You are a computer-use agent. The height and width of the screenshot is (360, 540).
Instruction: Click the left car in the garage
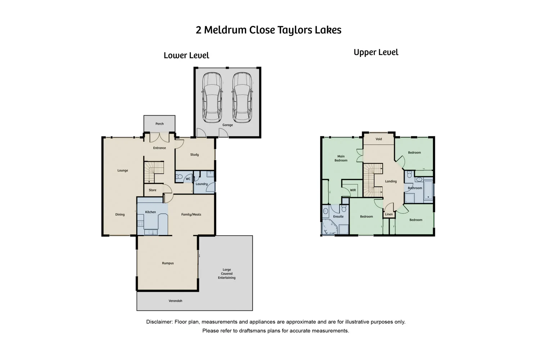pos(212,98)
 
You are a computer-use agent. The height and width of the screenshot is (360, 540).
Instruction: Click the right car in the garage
pos(242,98)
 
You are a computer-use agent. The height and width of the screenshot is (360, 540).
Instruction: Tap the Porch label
pos(159,124)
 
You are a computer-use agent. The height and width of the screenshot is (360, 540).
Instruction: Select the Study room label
pos(194,155)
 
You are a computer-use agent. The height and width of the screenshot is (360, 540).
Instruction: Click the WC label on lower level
pos(188,179)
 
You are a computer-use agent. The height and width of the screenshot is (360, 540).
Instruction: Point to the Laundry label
pos(202,184)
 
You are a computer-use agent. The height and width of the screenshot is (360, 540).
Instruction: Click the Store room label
pos(153,190)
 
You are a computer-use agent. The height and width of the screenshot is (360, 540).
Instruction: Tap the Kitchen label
pos(150,212)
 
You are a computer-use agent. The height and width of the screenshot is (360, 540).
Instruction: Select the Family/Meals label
pos(191,215)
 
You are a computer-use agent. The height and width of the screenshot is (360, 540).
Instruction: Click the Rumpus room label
pos(168,263)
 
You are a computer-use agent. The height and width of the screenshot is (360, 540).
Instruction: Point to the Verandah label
pos(175,301)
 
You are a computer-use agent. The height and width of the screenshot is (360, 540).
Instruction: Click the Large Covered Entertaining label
pos(226,274)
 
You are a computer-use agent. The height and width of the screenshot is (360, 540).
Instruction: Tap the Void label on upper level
pos(379,139)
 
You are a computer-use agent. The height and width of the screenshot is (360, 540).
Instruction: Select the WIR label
pos(353,190)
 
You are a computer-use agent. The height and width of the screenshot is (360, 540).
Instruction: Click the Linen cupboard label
pos(389,215)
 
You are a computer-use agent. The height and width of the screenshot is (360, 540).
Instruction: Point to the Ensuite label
pos(338,217)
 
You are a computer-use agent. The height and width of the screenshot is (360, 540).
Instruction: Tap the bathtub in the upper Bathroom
pos(428,190)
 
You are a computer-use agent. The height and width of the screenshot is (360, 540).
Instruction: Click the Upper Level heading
pos(376,53)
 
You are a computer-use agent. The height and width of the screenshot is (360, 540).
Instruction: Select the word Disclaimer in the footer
pos(159,322)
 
